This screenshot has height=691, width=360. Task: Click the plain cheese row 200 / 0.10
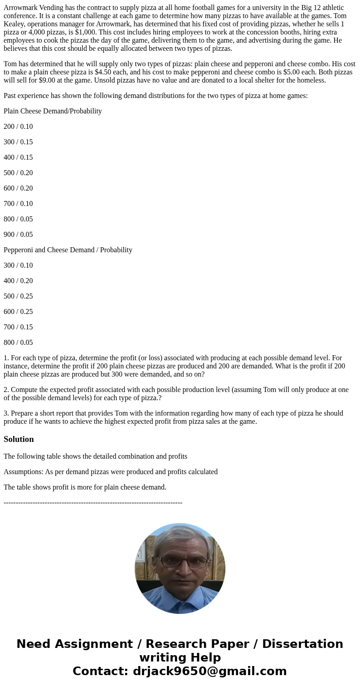coord(18,127)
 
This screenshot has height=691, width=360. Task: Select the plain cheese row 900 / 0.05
coord(18,235)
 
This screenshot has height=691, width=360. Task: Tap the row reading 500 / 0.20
coord(18,173)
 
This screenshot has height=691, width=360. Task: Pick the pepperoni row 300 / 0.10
coord(18,265)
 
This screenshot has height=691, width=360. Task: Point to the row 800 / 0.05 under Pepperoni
coord(18,343)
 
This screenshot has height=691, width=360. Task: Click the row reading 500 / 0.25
coord(18,296)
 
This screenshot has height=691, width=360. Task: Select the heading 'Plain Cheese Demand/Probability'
coord(53,111)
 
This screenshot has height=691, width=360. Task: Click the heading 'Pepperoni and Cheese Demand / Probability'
coord(68,250)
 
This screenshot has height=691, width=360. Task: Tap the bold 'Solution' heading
coord(19,439)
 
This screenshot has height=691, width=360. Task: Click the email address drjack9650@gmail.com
coord(208,671)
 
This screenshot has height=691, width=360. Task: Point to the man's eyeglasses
coord(184,563)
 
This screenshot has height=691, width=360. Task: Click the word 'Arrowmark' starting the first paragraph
coord(20,8)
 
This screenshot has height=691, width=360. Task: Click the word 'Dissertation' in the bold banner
coord(302,644)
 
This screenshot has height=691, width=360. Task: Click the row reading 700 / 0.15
coord(18,327)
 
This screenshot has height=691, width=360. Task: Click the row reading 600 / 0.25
coord(18,312)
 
